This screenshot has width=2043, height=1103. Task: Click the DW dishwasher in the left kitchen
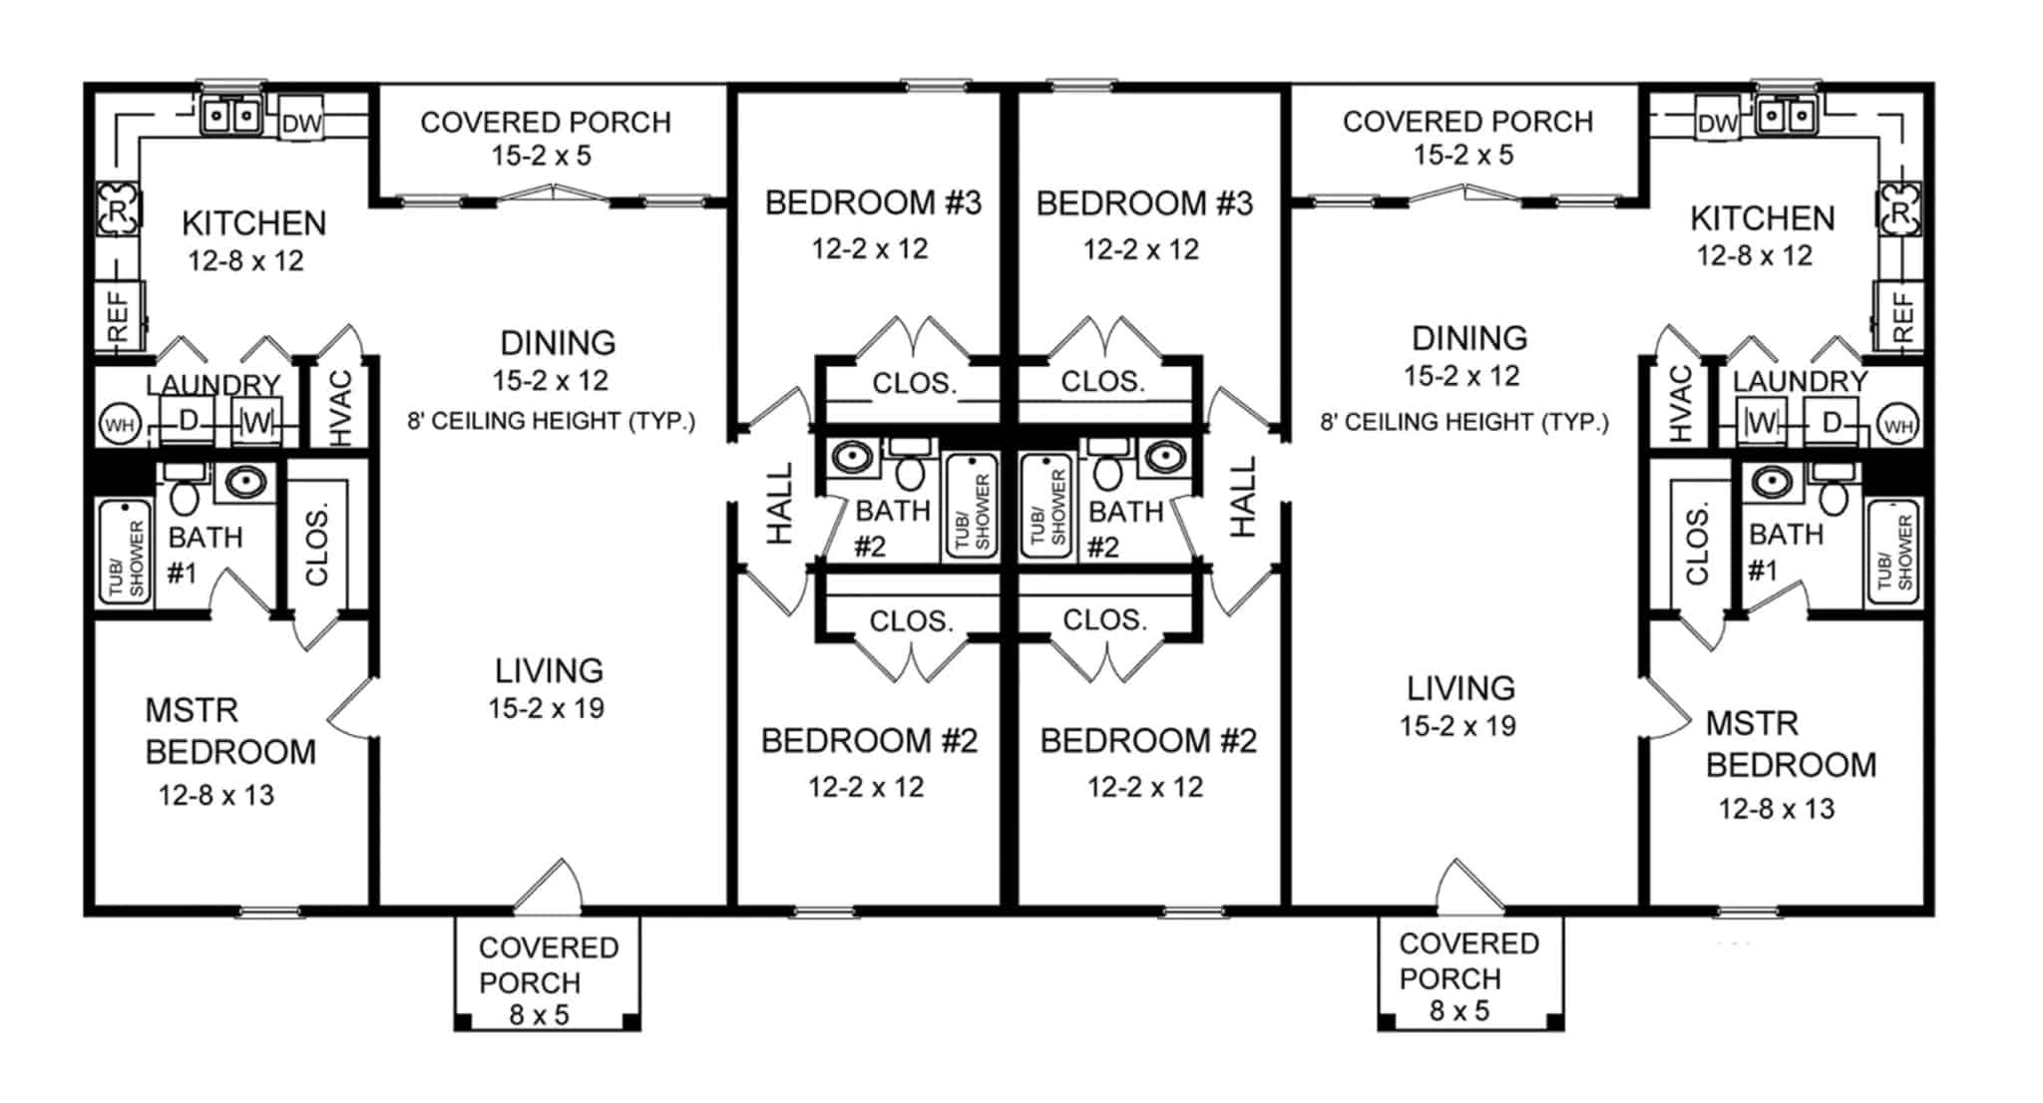300,123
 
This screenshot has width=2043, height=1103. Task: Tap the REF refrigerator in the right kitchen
1900,316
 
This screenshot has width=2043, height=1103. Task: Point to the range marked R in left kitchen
118,209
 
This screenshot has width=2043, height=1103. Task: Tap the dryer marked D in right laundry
1831,423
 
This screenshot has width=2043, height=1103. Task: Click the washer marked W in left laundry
255,423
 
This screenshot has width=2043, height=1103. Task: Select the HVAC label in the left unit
342,407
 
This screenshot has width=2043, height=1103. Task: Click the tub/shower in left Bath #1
126,551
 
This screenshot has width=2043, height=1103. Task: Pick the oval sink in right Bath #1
1772,483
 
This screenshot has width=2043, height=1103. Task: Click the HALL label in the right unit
1243,498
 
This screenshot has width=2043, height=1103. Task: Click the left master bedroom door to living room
351,709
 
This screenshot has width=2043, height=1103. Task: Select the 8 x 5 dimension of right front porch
1458,1010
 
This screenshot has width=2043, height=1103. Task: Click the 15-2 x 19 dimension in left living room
546,708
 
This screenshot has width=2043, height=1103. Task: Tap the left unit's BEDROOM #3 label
873,202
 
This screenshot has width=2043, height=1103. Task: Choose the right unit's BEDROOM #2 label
1147,741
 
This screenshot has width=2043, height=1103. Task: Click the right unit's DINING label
1468,338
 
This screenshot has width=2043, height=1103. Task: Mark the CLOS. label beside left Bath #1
317,548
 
